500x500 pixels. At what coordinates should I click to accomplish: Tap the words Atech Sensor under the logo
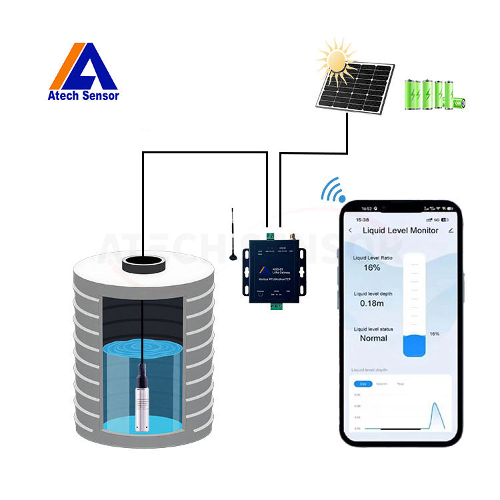coord(83,95)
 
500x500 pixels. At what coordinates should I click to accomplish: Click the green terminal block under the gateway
coord(275,308)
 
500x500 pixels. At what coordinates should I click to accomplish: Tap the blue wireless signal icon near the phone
coord(333,190)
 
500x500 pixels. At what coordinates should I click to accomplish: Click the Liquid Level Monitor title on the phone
coord(400,230)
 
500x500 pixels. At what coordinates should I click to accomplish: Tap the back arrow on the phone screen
coord(351,230)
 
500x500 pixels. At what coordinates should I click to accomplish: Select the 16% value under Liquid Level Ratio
coord(372,267)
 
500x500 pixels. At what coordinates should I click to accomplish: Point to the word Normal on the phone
coord(373,338)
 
